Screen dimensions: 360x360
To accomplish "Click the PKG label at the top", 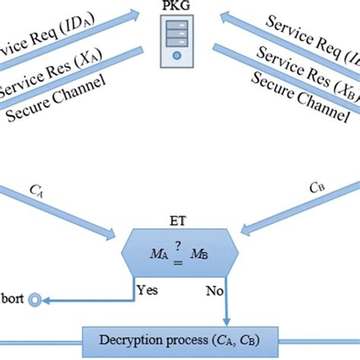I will point(178,7).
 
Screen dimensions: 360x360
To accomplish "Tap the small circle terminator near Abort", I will point(35,301).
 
